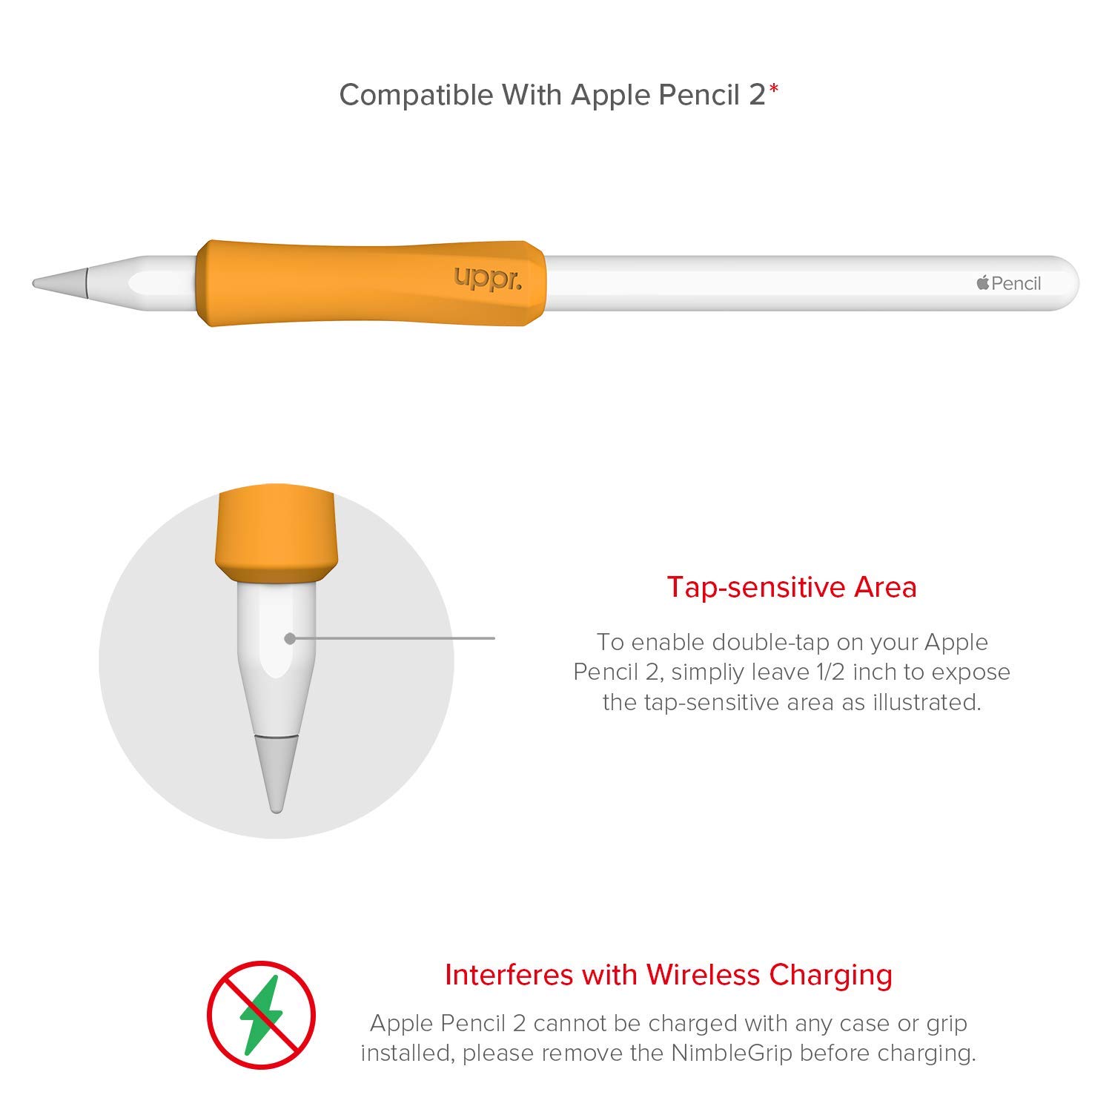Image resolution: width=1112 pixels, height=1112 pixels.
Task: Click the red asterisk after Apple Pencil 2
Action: click(x=773, y=89)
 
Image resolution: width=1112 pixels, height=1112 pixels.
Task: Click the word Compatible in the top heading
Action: click(x=416, y=96)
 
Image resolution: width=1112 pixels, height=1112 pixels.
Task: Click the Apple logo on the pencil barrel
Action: click(x=982, y=282)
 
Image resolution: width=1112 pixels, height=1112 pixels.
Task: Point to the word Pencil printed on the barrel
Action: click(x=1016, y=283)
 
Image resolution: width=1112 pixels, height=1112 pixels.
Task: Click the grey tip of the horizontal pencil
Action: click(x=59, y=282)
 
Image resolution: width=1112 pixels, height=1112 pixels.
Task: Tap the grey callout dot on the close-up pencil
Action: click(x=290, y=638)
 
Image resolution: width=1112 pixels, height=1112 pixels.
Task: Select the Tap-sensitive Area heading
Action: click(x=792, y=587)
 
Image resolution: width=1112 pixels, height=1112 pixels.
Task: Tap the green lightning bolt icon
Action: click(x=260, y=1015)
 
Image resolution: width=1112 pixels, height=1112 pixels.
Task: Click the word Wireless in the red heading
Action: click(x=704, y=975)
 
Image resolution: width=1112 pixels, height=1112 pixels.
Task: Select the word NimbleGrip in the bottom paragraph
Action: click(x=732, y=1053)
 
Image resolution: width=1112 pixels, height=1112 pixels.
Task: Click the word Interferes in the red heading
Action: click(x=509, y=975)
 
